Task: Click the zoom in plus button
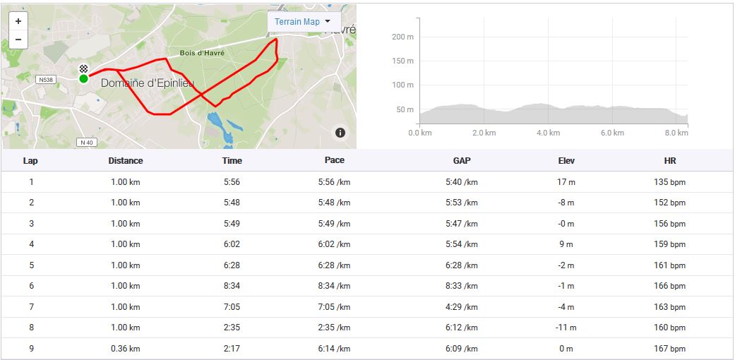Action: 18,21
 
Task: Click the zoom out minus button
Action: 18,40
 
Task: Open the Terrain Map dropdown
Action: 304,22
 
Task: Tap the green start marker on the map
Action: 84,78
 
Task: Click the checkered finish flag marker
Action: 84,68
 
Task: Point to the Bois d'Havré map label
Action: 202,53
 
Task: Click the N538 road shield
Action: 46,80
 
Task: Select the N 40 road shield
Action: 86,143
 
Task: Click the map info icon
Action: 340,133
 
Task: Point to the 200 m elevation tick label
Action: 402,37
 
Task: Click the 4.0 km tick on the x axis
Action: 549,133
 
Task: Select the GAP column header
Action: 462,161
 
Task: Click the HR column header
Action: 670,161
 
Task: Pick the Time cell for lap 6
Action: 232,286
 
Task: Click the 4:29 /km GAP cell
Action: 462,307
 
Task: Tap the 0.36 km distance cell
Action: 126,349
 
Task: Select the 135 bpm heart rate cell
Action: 670,182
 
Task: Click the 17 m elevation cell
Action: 566,182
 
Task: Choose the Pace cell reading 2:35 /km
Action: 334,328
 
